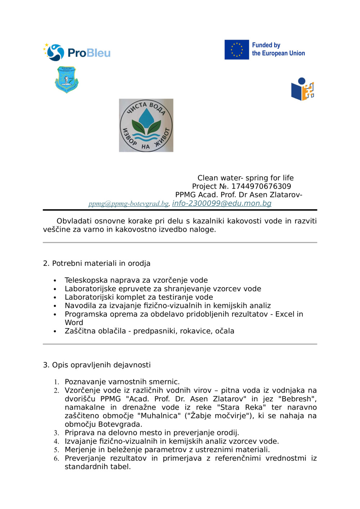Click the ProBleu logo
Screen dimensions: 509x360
pos(77,53)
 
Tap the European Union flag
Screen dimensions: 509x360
pos(237,50)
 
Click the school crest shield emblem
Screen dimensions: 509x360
pos(67,79)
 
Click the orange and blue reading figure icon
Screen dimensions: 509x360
pos(302,89)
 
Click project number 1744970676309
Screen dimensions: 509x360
pos(261,186)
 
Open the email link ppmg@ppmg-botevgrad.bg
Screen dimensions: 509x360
pos(129,204)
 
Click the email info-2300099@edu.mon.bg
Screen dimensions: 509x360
pos(221,203)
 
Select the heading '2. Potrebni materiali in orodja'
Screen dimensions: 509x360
pos(96,263)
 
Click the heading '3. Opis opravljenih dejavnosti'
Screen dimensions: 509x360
pos(96,365)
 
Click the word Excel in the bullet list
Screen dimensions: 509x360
pos(285,314)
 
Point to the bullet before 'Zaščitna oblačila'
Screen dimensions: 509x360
pos(55,331)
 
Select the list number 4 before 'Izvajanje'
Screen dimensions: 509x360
pos(57,441)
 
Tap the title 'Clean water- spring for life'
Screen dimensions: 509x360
pos(245,178)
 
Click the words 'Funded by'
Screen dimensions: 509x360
pos(266,45)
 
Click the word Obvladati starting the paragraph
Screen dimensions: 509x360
pos(74,221)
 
